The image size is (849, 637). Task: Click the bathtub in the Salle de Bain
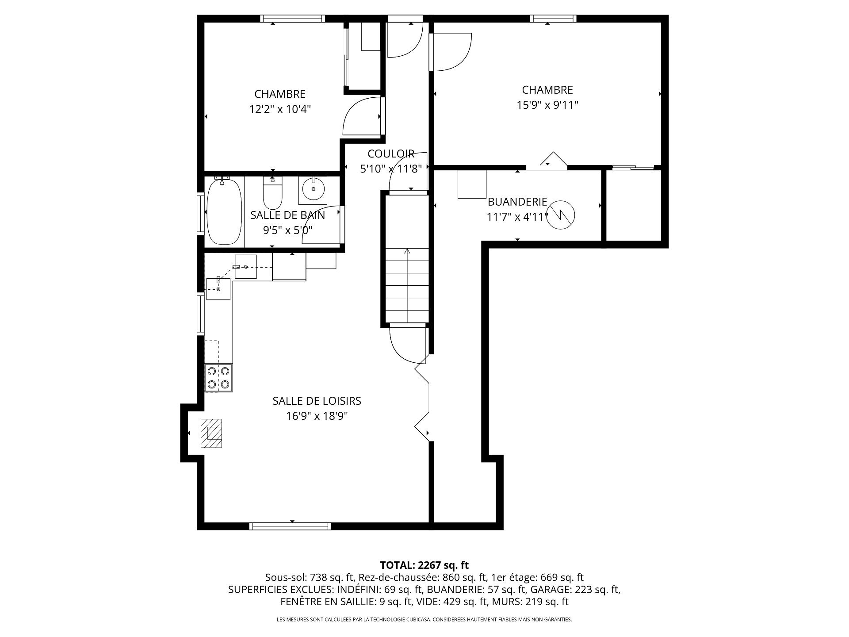(x=225, y=211)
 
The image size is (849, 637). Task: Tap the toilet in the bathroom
(x=272, y=193)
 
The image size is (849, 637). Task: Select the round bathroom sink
(x=314, y=190)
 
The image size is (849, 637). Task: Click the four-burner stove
(x=219, y=378)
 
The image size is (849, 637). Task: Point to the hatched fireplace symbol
(x=211, y=433)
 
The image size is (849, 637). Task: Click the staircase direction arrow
(x=407, y=285)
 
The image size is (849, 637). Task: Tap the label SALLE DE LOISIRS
(x=317, y=401)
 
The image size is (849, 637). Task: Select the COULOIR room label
(x=391, y=153)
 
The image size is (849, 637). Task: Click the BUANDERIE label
(x=517, y=202)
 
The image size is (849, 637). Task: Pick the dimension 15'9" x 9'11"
(x=547, y=105)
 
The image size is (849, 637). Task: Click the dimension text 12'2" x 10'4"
(x=280, y=109)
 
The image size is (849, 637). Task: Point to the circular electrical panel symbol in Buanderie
(x=561, y=215)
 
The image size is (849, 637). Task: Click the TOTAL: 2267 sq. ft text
(x=424, y=565)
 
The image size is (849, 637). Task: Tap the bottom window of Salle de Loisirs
(x=290, y=526)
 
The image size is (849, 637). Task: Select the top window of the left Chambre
(x=292, y=19)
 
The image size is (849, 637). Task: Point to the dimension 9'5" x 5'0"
(x=288, y=230)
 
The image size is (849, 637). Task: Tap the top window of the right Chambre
(x=554, y=19)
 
